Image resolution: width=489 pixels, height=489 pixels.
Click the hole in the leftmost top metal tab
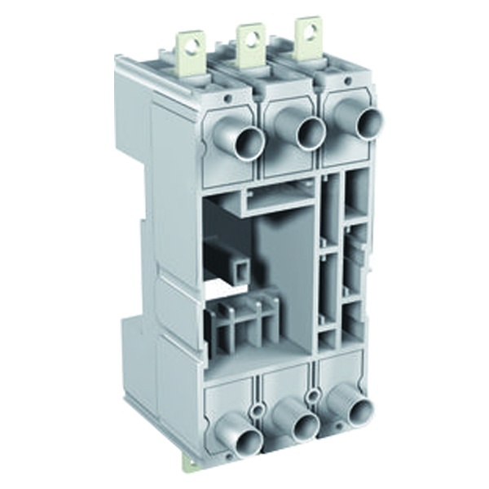click(193, 46)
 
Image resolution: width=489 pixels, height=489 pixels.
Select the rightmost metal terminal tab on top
click(308, 37)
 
